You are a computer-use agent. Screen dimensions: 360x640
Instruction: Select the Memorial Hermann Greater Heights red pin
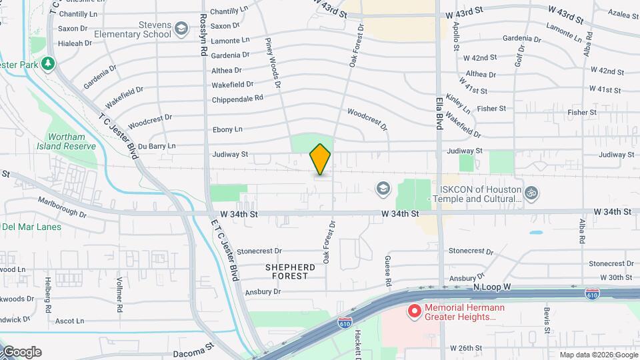point(414,311)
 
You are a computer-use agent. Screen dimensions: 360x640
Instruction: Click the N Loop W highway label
point(492,287)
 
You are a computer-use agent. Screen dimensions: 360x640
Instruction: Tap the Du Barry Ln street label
point(153,145)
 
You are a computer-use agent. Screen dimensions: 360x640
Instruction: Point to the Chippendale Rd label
point(237,99)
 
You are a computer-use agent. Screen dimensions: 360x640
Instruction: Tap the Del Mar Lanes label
point(32,227)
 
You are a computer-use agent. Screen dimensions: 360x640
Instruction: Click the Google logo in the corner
point(21,351)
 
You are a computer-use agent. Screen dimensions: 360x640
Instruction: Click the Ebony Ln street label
point(227,129)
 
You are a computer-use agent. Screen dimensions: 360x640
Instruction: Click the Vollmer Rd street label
point(120,295)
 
